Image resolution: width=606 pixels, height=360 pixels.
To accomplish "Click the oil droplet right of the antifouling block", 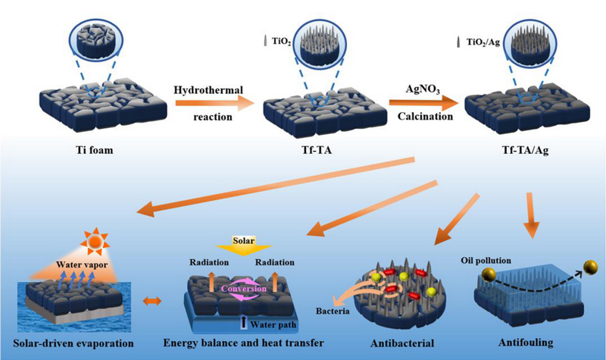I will click(x=591, y=268).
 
